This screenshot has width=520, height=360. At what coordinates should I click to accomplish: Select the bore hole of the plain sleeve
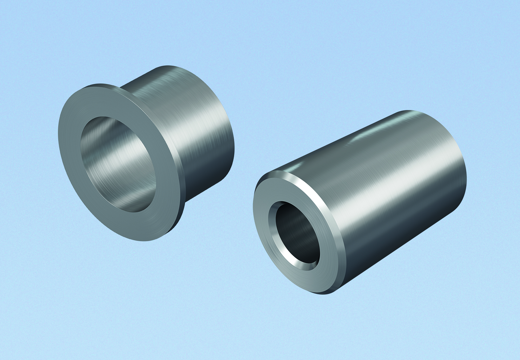[x=298, y=234]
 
